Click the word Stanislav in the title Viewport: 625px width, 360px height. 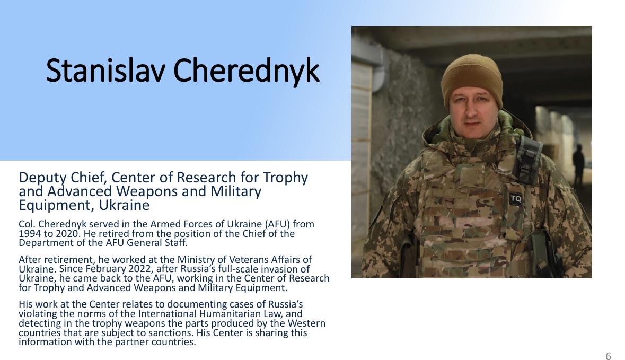point(105,71)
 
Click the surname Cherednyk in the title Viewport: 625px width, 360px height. point(247,72)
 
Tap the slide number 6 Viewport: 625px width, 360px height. point(608,356)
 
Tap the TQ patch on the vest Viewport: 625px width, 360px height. point(515,198)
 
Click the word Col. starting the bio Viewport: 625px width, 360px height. point(28,224)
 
